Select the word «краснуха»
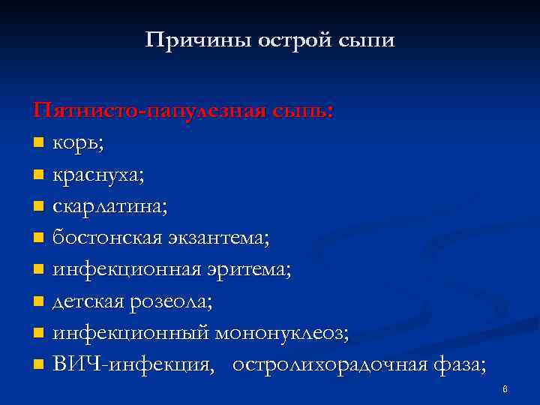95,175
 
